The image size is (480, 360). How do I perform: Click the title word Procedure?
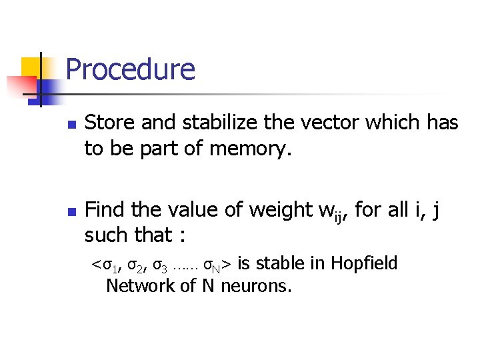131,69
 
